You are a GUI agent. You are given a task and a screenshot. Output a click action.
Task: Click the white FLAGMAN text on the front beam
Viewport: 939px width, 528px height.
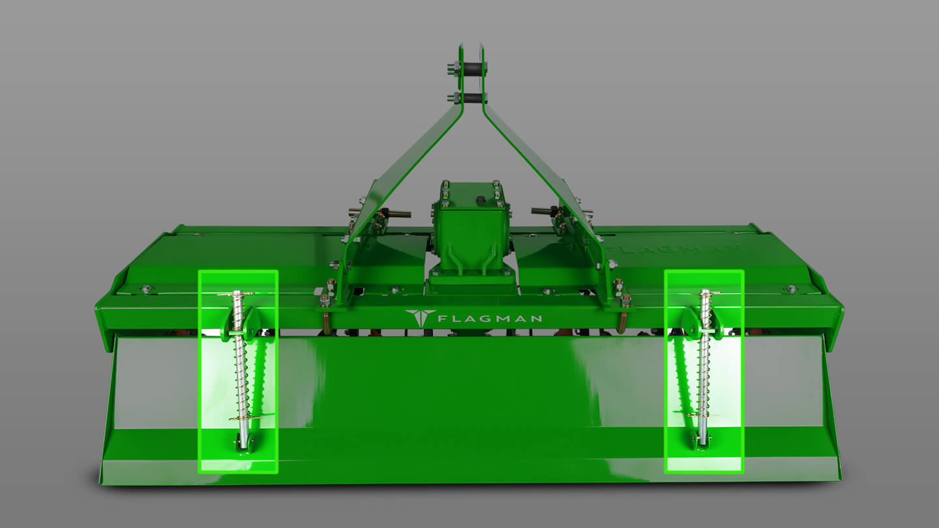490,319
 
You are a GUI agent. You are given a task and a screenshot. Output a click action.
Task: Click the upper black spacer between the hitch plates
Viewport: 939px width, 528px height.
471,68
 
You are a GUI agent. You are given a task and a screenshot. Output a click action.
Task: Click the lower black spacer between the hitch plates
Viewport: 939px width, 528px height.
472,98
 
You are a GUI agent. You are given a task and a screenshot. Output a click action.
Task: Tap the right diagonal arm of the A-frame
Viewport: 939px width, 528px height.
545,184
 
